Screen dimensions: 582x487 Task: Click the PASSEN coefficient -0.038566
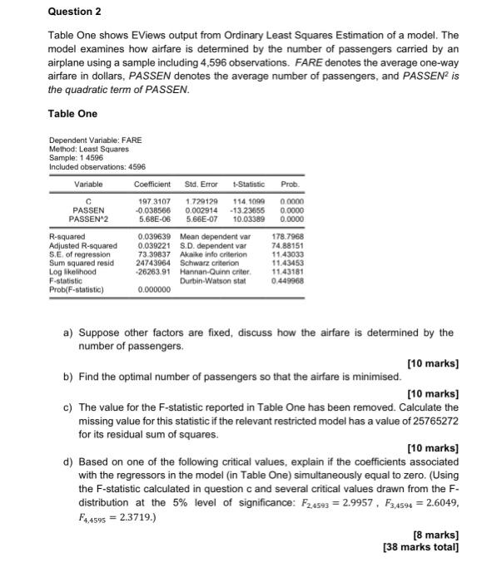tap(152, 210)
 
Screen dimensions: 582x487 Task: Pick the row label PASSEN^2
tap(88, 219)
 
